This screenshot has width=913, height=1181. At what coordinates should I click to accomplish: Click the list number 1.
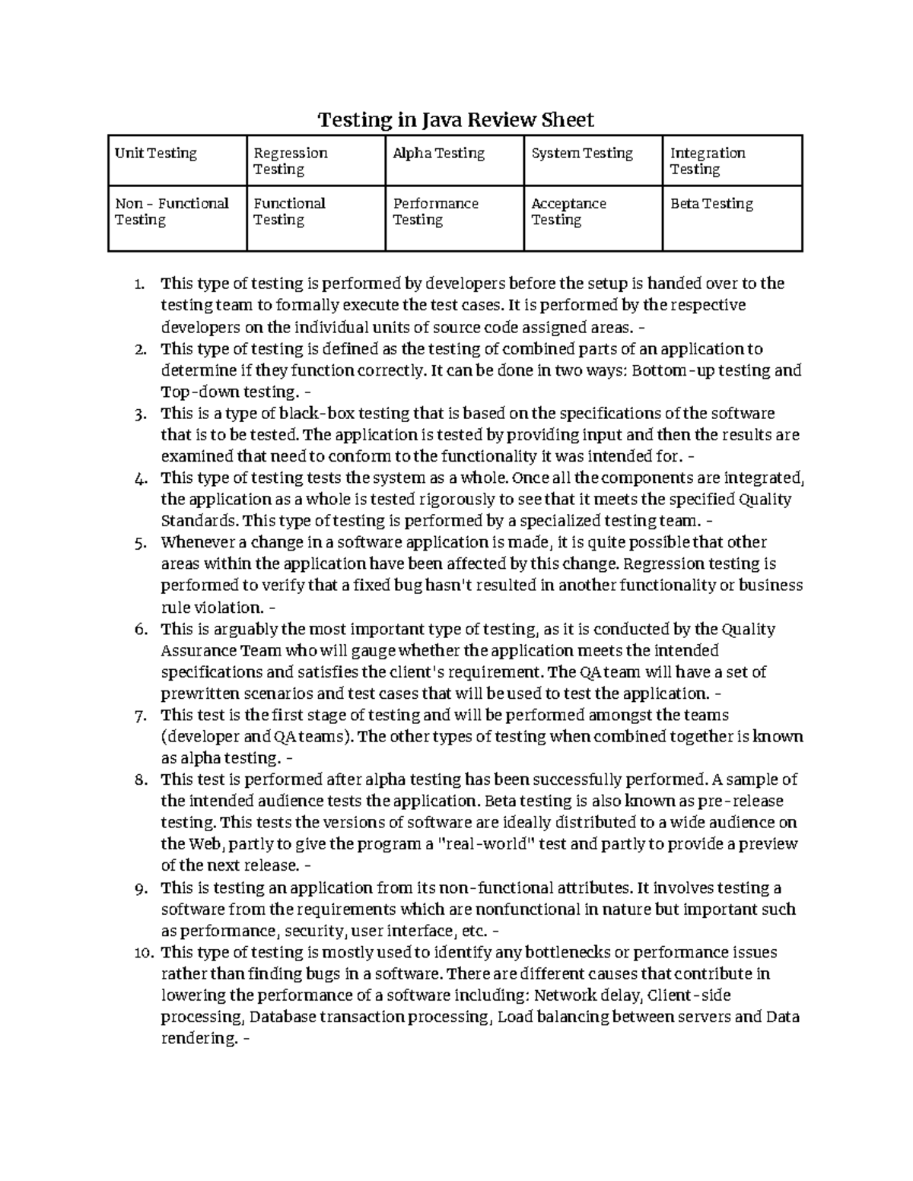(x=138, y=284)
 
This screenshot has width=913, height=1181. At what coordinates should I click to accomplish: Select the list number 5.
(x=138, y=543)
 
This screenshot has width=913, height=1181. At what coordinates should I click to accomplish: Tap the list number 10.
(x=142, y=953)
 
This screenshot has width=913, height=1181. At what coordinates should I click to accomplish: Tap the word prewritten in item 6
(x=199, y=694)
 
